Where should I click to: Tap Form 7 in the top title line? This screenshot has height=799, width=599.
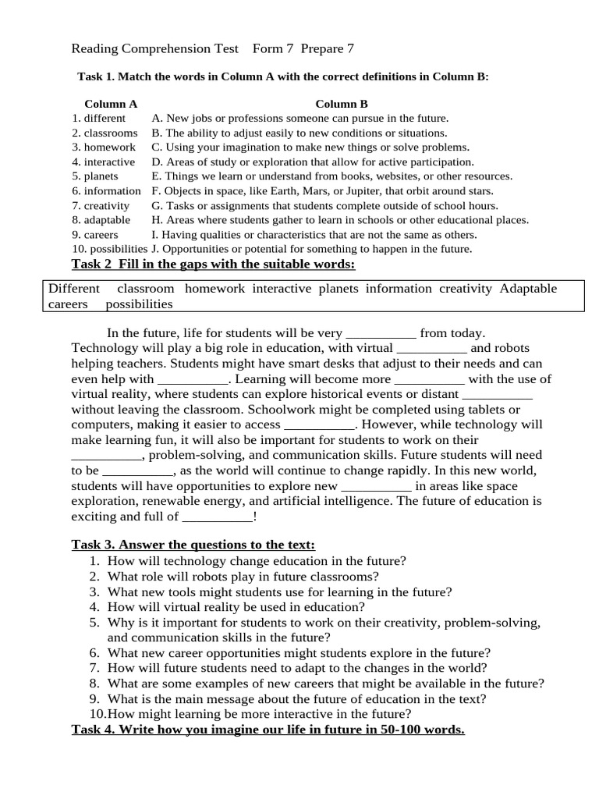click(273, 49)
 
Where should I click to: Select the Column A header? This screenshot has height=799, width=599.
click(111, 104)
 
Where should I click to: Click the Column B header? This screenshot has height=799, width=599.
click(341, 104)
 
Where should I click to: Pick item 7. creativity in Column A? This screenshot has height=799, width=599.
click(101, 206)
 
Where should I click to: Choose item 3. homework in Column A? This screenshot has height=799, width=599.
click(104, 147)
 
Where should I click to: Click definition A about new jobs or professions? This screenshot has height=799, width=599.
click(300, 119)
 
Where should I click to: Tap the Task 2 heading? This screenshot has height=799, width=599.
click(213, 265)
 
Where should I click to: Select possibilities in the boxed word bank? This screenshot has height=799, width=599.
click(139, 304)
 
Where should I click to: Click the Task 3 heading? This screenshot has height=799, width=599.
click(193, 545)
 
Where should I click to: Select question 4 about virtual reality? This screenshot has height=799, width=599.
click(236, 606)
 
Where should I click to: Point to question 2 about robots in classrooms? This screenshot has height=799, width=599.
click(243, 577)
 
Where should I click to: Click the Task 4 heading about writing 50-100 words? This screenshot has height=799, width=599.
click(268, 730)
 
